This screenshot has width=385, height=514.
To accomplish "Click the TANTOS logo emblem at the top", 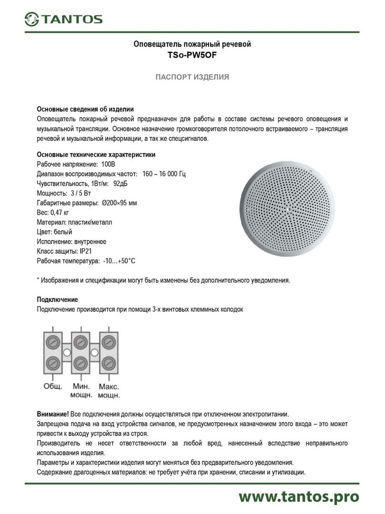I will point(32,19).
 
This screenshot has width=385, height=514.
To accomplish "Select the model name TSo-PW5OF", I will point(192,55).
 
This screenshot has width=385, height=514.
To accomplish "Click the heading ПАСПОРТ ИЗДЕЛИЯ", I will point(192,77).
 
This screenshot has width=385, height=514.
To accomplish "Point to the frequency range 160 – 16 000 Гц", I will point(164,174).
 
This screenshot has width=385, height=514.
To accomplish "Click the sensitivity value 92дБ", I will point(121,184).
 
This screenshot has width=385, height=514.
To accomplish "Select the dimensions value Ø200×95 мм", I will point(120,203).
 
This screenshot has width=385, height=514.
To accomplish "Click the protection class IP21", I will point(86,251).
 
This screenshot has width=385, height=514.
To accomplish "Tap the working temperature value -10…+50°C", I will point(119,261).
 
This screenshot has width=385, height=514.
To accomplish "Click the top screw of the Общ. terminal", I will point(53,342).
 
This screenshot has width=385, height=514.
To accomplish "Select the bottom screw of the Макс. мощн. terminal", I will point(109,363).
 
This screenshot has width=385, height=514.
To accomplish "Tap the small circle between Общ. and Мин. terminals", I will point(67,352).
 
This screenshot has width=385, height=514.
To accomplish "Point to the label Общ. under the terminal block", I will point(53,386).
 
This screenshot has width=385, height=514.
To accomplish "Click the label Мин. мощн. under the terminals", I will point(81,390).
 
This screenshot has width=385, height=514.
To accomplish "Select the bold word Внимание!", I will point(53,414).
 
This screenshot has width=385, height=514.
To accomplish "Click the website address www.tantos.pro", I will point(299,497).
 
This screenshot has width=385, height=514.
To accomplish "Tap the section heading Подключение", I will point(57,300).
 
